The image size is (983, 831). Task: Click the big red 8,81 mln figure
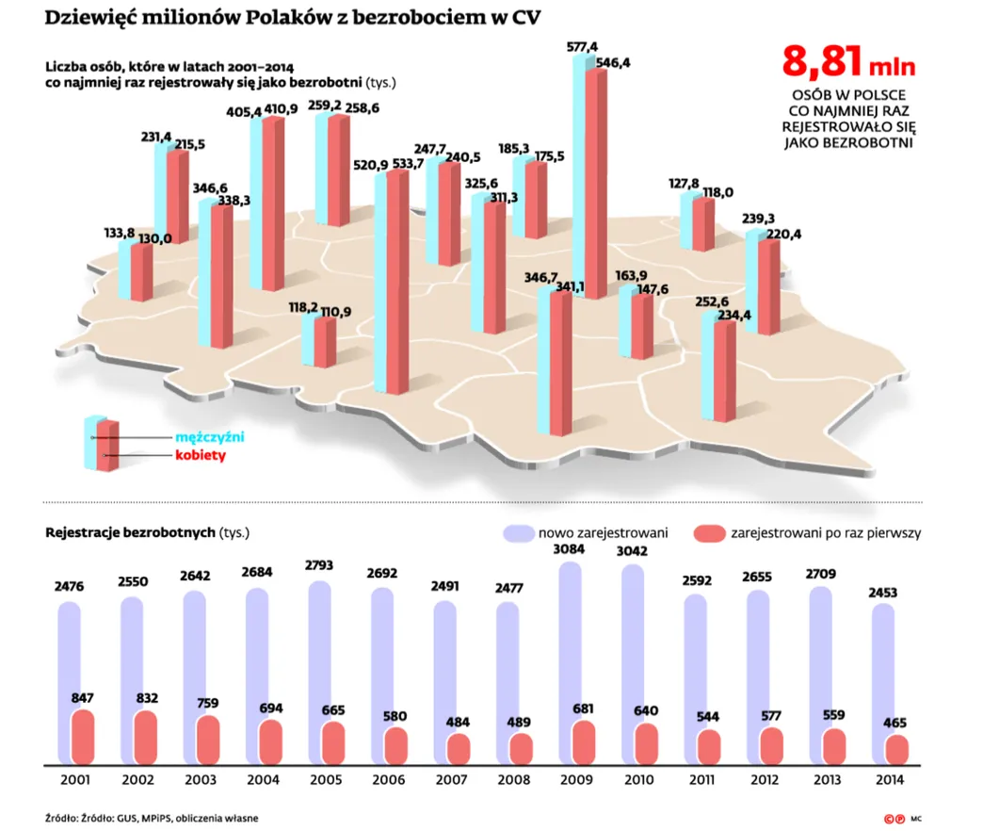point(847,61)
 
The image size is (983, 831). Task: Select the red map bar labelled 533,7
point(398,283)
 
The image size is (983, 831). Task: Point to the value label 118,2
point(303,307)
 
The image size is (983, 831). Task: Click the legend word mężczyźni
point(210,438)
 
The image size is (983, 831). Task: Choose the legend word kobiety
point(201,456)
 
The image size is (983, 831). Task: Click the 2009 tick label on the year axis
point(576,779)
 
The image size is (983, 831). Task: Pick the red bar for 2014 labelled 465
point(896,749)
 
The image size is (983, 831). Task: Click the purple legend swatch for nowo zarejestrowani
point(519,532)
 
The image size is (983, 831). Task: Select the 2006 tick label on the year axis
point(388,779)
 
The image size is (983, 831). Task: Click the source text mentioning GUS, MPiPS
point(152,817)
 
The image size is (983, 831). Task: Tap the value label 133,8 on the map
point(120,233)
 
